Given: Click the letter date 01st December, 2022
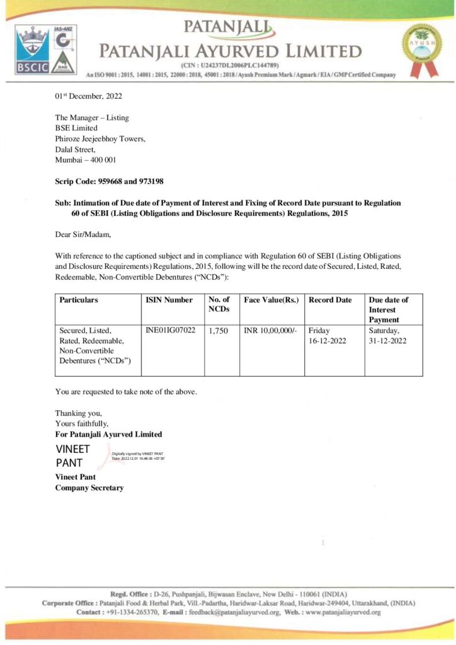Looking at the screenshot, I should pyautogui.click(x=88, y=96).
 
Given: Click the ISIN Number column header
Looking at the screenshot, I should pyautogui.click(x=169, y=300).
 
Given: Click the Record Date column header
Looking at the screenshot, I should pyautogui.click(x=330, y=300).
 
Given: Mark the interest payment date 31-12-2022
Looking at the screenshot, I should pyautogui.click(x=388, y=341).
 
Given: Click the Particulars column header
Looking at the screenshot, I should pyautogui.click(x=79, y=300).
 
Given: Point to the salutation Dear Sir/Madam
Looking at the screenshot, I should pyautogui.click(x=83, y=234).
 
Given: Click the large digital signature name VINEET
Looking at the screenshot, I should pyautogui.click(x=72, y=449).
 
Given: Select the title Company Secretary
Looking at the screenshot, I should pyautogui.click(x=89, y=488).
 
